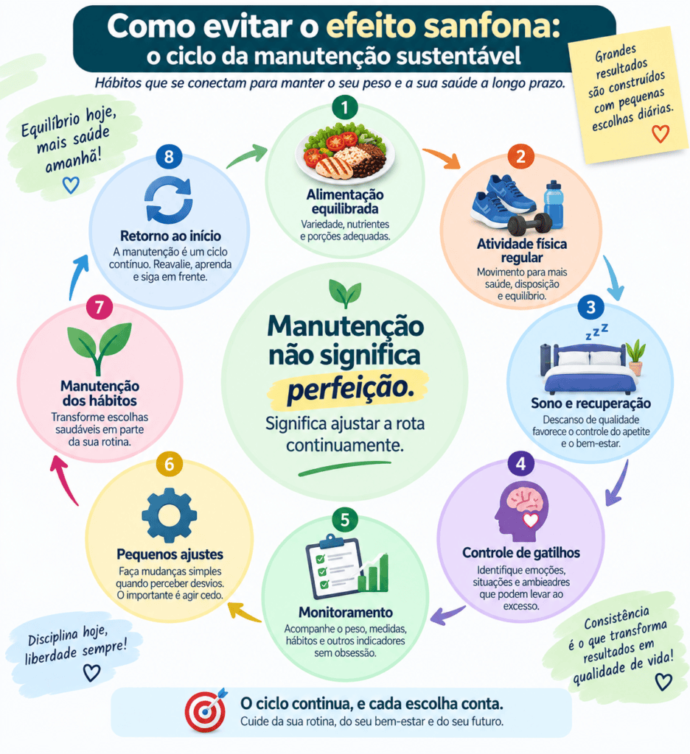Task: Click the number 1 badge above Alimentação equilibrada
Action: (345, 108)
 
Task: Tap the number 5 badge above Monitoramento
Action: (345, 520)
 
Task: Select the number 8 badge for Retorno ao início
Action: (169, 157)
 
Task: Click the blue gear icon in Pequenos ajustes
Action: (169, 515)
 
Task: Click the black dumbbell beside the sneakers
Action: (529, 224)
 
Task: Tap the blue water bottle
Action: (554, 204)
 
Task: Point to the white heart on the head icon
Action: (531, 520)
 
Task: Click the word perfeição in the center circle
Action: (351, 389)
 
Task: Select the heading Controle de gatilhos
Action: (521, 553)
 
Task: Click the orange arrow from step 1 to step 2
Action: (442, 158)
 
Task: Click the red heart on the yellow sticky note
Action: (661, 134)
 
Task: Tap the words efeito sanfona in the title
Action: (443, 27)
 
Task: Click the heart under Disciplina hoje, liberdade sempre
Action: (91, 672)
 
